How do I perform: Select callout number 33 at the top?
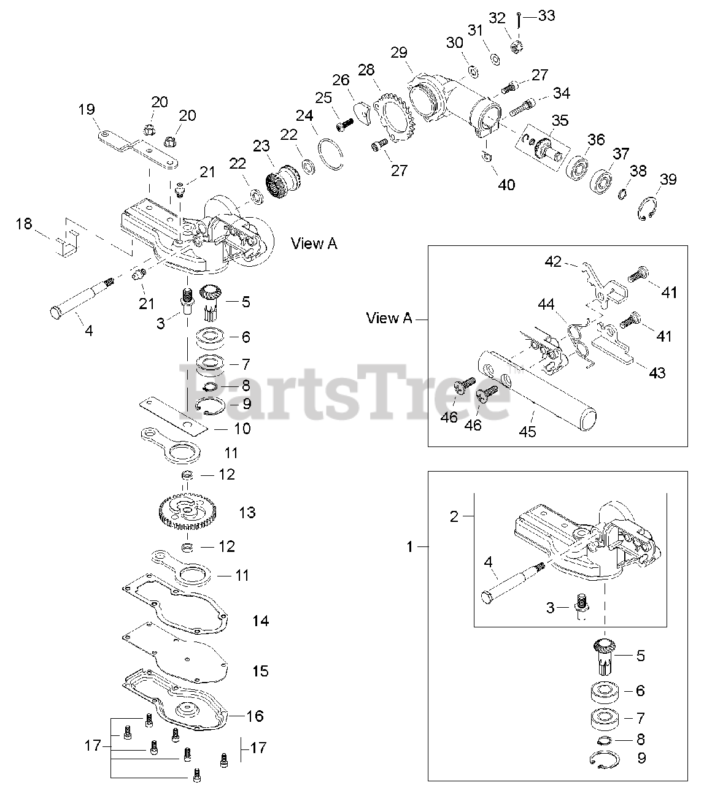tap(546, 16)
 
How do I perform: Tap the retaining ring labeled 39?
tap(645, 209)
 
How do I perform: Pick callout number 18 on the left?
tap(24, 224)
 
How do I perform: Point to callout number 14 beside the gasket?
tap(260, 621)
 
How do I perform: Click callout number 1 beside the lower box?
tap(411, 547)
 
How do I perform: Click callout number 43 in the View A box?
tap(657, 373)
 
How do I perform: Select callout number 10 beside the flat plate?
tap(242, 428)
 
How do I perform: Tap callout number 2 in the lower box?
tap(454, 516)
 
